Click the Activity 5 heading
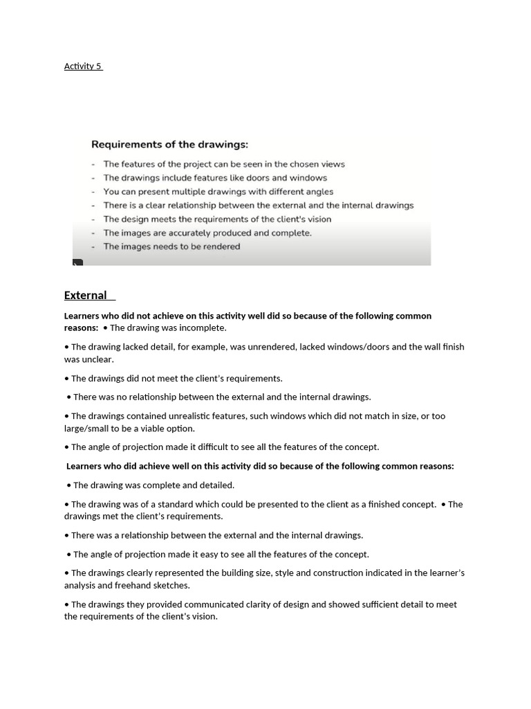[82, 66]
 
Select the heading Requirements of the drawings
[169, 145]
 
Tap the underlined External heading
[85, 296]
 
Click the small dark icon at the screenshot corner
[77, 262]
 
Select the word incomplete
[203, 327]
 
